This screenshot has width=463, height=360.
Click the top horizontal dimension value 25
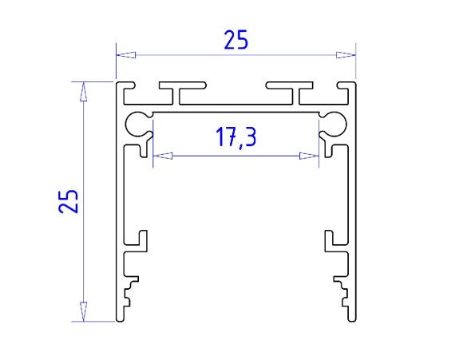(x=235, y=40)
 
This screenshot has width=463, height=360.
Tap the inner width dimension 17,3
(x=235, y=138)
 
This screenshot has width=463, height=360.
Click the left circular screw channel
(x=138, y=123)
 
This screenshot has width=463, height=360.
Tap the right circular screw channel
(x=333, y=123)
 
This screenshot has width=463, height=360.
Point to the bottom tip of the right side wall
(x=351, y=321)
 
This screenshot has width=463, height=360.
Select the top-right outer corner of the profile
(x=354, y=82)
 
